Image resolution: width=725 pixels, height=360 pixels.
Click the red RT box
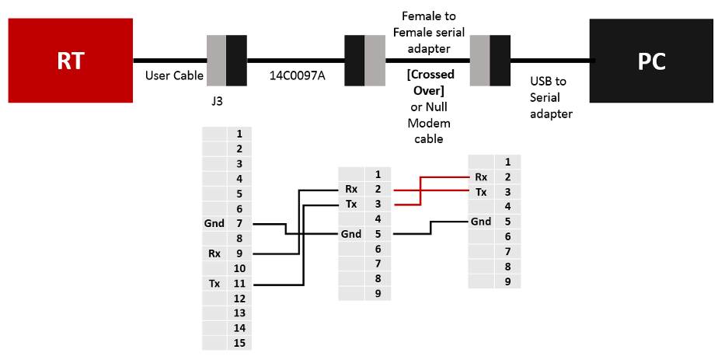pyautogui.click(x=70, y=60)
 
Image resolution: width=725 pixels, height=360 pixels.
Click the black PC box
pyautogui.click(x=651, y=61)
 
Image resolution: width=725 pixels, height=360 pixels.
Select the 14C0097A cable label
pyautogui.click(x=297, y=75)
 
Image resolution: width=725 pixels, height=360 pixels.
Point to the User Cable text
pyautogui.click(x=174, y=75)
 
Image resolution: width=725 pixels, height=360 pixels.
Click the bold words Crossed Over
pyautogui.click(x=430, y=82)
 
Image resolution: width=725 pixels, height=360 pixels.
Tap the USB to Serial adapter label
pyautogui.click(x=551, y=98)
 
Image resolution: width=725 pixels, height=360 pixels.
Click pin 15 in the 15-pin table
pyautogui.click(x=239, y=343)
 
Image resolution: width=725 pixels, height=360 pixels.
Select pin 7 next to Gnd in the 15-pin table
pyautogui.click(x=239, y=224)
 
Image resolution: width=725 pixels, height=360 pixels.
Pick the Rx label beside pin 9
pyautogui.click(x=214, y=253)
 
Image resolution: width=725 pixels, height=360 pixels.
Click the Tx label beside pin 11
pyautogui.click(x=214, y=283)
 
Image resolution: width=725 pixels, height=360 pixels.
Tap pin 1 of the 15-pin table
pyautogui.click(x=239, y=135)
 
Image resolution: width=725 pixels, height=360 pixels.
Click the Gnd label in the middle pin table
pyautogui.click(x=351, y=234)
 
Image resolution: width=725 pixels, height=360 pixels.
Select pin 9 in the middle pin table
pyautogui.click(x=378, y=293)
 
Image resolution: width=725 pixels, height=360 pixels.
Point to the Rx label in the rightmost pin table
pyautogui.click(x=481, y=177)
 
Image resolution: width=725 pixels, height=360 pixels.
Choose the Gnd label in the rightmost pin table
pyautogui.click(x=481, y=222)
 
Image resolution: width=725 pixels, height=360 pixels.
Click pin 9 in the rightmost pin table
pyautogui.click(x=507, y=281)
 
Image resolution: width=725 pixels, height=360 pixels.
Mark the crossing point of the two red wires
pyautogui.click(x=420, y=190)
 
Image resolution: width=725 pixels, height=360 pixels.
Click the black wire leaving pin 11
pyautogui.click(x=303, y=244)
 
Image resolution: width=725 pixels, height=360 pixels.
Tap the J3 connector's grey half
pyautogui.click(x=216, y=61)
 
